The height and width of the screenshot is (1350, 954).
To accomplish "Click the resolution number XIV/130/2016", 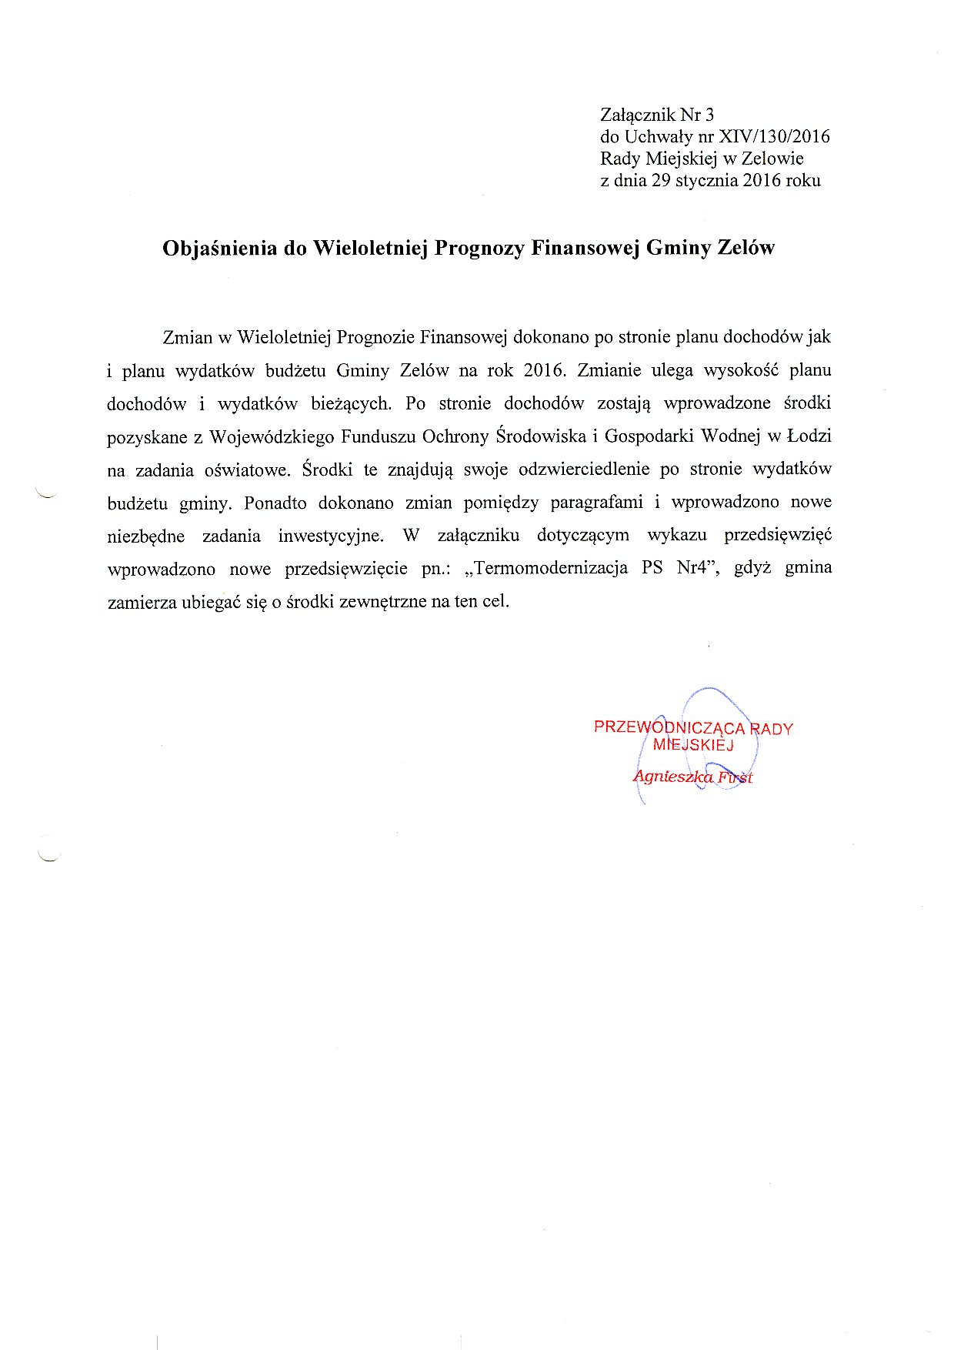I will tap(773, 137).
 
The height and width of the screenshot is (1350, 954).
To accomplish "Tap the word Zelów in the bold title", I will tap(746, 249).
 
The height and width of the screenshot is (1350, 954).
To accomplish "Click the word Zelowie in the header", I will tap(772, 159).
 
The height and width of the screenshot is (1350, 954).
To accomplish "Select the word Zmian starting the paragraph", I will tap(185, 337).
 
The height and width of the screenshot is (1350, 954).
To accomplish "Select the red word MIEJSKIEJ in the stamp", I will tap(693, 744).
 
